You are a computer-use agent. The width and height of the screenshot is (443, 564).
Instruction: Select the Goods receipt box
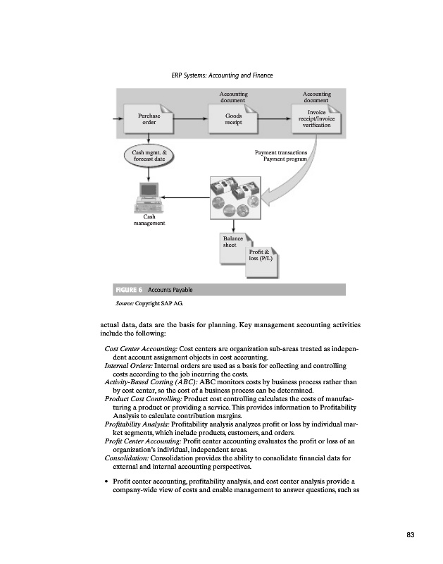(x=233, y=118)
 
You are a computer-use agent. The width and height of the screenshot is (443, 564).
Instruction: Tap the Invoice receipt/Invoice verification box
(x=316, y=118)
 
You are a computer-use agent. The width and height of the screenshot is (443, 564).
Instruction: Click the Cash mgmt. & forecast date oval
(x=149, y=155)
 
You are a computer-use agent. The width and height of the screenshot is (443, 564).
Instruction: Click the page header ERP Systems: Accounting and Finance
(x=222, y=75)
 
